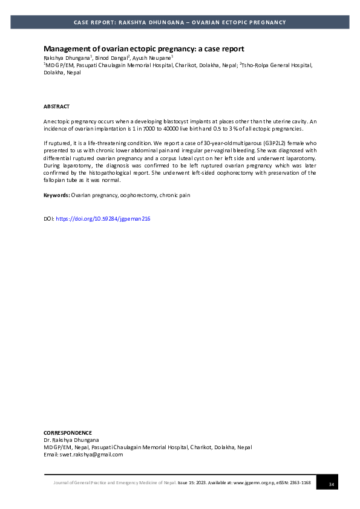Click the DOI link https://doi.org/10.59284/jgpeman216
pos(103,219)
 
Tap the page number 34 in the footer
pos(331,484)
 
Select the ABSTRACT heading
pos(56,106)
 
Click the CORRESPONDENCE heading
pos(68,433)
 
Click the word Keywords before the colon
pos(56,195)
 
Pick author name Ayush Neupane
pos(154,57)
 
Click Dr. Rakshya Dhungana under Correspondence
pos(71,440)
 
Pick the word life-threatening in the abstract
pos(103,143)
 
